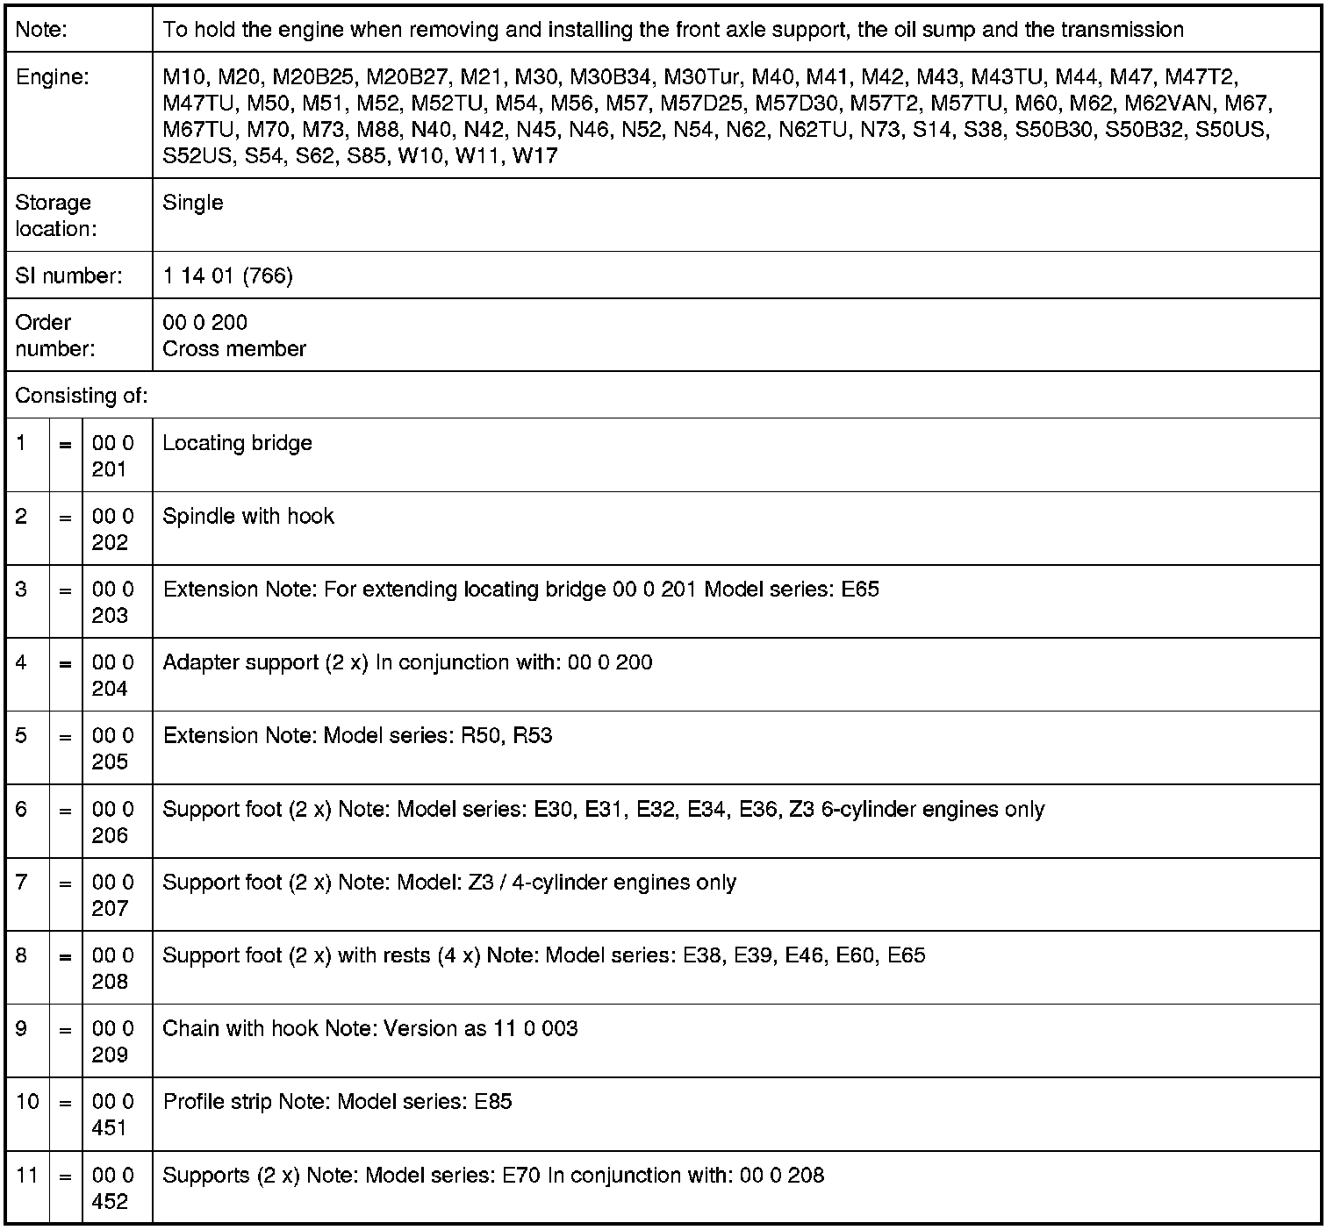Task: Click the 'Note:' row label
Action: click(42, 30)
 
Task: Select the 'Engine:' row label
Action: click(53, 77)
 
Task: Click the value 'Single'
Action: click(193, 203)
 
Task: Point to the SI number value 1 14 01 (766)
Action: click(228, 276)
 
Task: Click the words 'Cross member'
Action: click(234, 349)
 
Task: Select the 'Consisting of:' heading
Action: click(82, 396)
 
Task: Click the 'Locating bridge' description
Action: click(238, 443)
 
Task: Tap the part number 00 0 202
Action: click(112, 529)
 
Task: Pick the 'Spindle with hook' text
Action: click(248, 516)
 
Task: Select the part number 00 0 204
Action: click(112, 676)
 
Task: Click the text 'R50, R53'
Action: click(506, 736)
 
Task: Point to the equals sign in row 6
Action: click(65, 811)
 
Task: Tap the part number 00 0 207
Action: click(112, 895)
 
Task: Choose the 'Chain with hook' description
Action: click(240, 1028)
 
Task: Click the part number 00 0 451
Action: click(112, 1114)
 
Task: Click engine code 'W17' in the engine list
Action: click(535, 157)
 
